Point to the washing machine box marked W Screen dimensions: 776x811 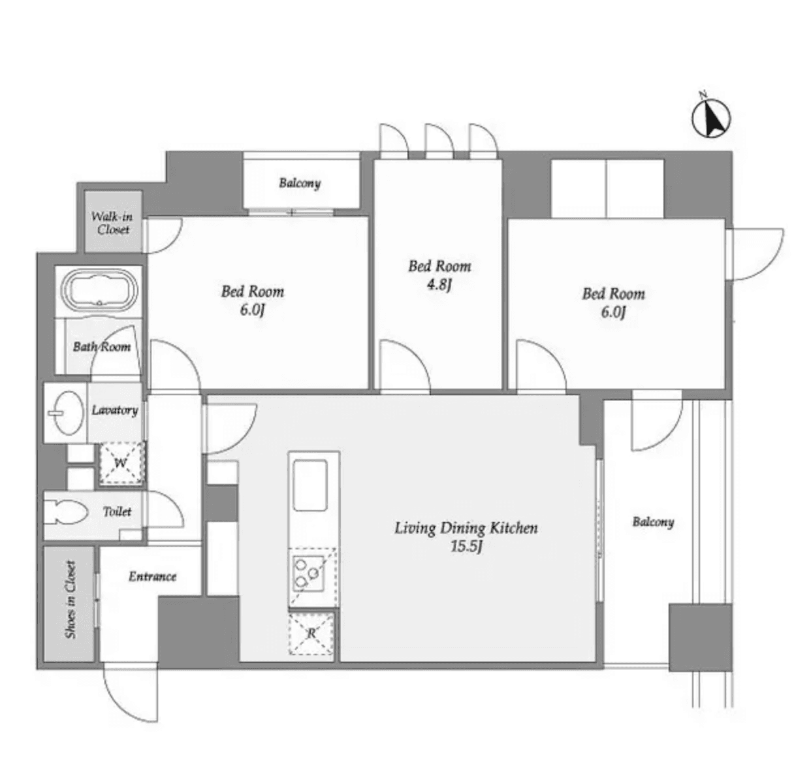(x=121, y=463)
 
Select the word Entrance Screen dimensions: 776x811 (x=152, y=576)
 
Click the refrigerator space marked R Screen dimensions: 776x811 (x=311, y=633)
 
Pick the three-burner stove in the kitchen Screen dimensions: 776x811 (x=308, y=574)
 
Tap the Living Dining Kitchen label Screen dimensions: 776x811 (x=466, y=528)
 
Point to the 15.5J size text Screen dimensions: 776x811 (x=466, y=547)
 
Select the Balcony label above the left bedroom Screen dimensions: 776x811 (x=300, y=183)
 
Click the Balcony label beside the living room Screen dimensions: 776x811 (x=652, y=522)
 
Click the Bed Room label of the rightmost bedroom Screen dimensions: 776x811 (x=613, y=294)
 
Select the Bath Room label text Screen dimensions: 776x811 (x=101, y=347)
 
